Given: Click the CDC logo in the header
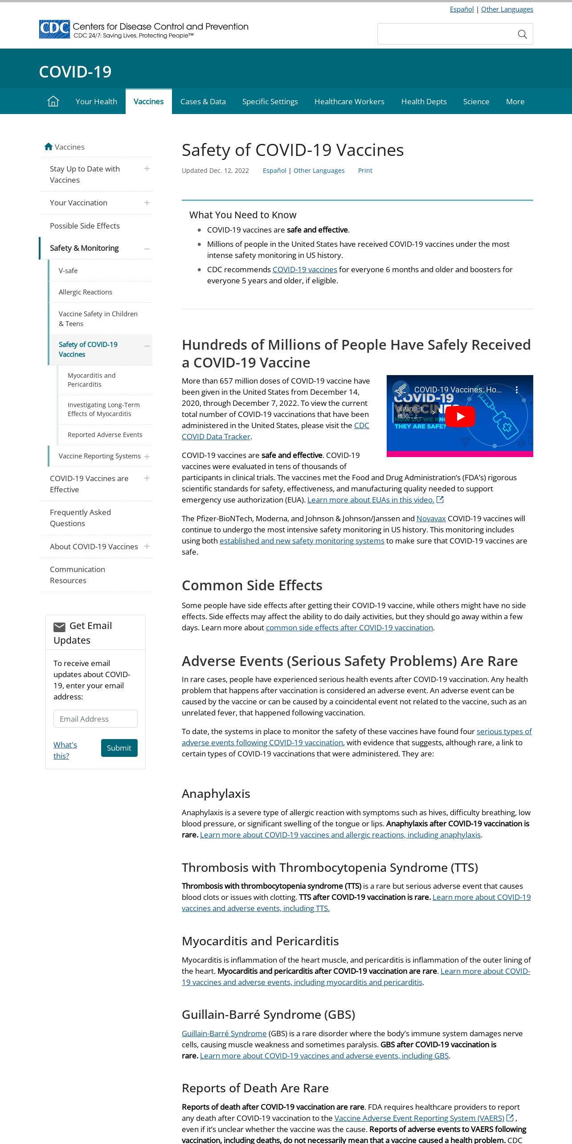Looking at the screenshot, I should tap(54, 29).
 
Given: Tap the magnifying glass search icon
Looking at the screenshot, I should tap(522, 34).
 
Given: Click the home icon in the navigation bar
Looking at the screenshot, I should tap(53, 102).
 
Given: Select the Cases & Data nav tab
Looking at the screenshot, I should tap(203, 102).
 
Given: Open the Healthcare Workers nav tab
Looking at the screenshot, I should tap(349, 102).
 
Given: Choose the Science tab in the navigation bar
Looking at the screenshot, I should tap(476, 102).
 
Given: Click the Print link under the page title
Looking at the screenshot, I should tap(365, 171).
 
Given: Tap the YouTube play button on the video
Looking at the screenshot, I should tap(460, 417).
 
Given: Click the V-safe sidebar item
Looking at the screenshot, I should tap(68, 270).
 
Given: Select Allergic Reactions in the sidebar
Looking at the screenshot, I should tap(86, 292).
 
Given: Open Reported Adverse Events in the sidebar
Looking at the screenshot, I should tap(105, 435).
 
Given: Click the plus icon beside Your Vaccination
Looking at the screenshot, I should tap(147, 203).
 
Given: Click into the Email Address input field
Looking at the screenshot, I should tap(95, 719).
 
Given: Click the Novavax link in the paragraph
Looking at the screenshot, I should tap(431, 519).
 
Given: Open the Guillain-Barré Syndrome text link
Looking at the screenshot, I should tap(224, 1034).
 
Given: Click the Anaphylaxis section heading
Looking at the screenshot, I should tap(216, 793).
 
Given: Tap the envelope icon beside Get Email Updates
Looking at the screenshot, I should tap(59, 627).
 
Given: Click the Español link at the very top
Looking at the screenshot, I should tap(462, 9).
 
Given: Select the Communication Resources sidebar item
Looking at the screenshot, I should tap(78, 575).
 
